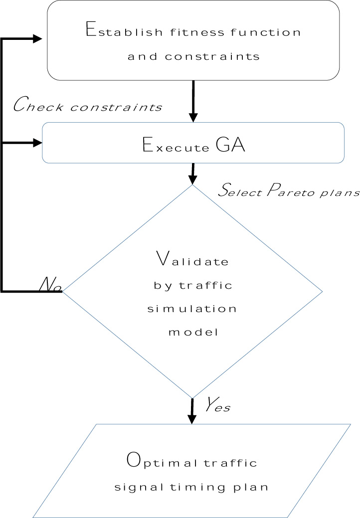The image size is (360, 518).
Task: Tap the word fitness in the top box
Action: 190,33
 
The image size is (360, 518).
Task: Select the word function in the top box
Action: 269,33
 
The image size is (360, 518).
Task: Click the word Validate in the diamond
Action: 192,259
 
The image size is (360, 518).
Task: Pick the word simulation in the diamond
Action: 192,308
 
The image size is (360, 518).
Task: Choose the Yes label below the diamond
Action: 217,406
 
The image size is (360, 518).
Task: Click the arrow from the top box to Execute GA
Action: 193,100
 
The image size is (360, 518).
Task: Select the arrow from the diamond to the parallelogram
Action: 192,410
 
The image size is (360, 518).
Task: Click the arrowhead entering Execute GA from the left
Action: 37,143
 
